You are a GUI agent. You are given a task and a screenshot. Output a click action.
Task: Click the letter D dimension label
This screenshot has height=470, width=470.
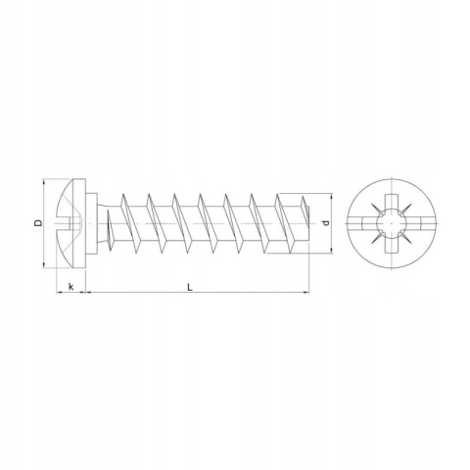click(38, 223)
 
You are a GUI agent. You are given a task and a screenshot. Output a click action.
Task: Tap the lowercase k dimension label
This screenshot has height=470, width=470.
click(70, 287)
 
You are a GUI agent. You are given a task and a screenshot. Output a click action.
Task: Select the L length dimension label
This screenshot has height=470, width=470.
click(190, 287)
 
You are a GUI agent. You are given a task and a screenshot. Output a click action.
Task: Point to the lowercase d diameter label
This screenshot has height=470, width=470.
click(325, 223)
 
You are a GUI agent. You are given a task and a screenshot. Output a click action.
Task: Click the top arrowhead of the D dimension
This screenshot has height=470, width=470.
click(43, 182)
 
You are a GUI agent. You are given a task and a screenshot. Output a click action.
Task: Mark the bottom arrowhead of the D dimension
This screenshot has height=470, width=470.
click(43, 264)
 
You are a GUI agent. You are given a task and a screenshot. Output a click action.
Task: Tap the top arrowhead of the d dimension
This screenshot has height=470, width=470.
click(331, 197)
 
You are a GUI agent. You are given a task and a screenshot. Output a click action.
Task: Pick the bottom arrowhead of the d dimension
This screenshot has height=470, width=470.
click(331, 250)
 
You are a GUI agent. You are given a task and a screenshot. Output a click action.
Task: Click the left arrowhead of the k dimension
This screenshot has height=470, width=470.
click(60, 292)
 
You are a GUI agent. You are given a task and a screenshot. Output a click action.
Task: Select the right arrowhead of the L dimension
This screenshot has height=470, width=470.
click(305, 292)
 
